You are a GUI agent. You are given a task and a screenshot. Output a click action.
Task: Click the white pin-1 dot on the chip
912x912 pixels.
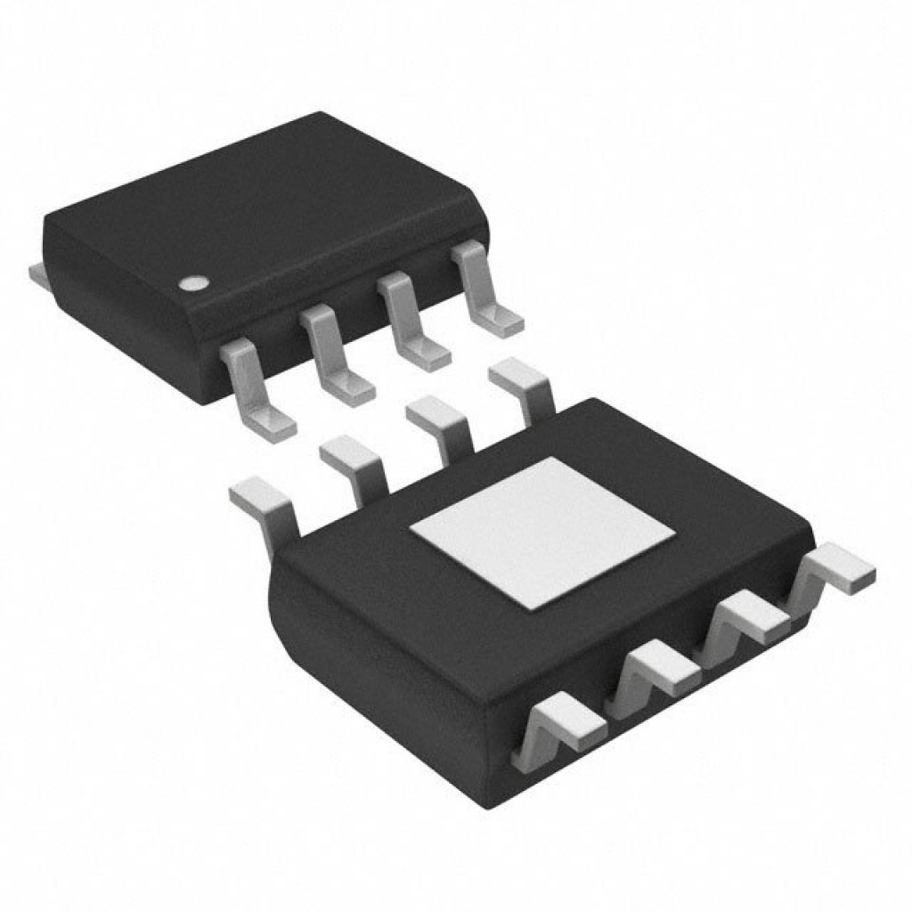191,284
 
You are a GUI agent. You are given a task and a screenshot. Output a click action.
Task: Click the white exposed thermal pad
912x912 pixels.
541,533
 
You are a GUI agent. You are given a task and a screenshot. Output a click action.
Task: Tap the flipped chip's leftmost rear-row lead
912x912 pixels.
264,504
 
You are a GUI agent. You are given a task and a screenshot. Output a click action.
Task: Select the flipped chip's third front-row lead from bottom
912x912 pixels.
750,618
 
